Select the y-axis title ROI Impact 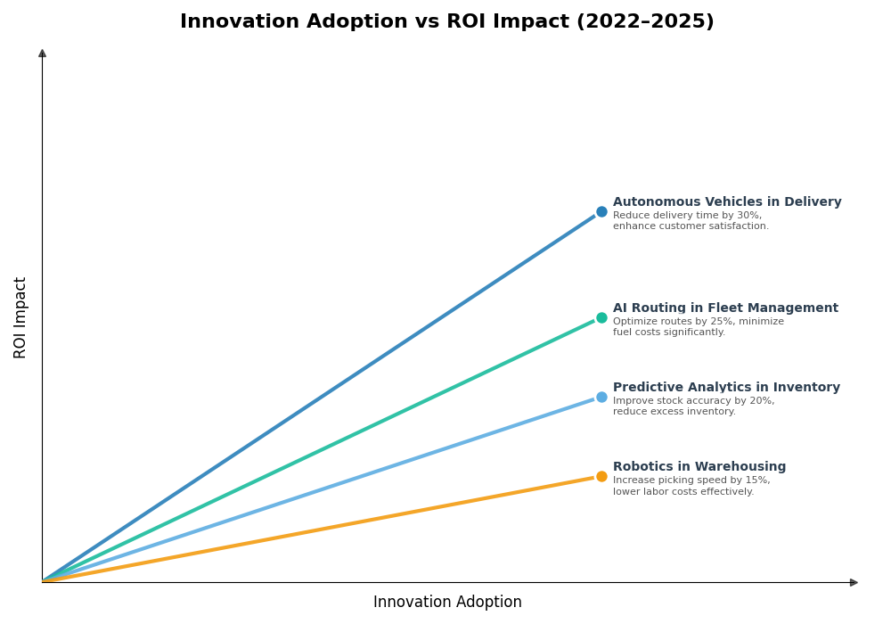click(x=20, y=317)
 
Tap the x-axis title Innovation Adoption click(x=447, y=603)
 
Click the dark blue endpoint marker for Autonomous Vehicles click(x=601, y=212)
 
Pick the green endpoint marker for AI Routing click(x=601, y=318)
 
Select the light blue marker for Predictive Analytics click(x=601, y=398)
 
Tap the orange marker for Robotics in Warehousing click(x=601, y=477)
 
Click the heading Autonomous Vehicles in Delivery click(x=726, y=202)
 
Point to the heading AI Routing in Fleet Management click(x=724, y=308)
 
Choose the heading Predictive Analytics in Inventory click(x=725, y=388)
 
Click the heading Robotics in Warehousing click(x=699, y=467)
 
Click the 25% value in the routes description click(x=722, y=322)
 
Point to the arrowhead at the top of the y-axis click(x=42, y=53)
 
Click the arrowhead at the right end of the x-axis click(x=854, y=582)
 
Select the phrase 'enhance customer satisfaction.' click(x=691, y=226)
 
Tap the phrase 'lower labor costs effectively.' click(x=683, y=492)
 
